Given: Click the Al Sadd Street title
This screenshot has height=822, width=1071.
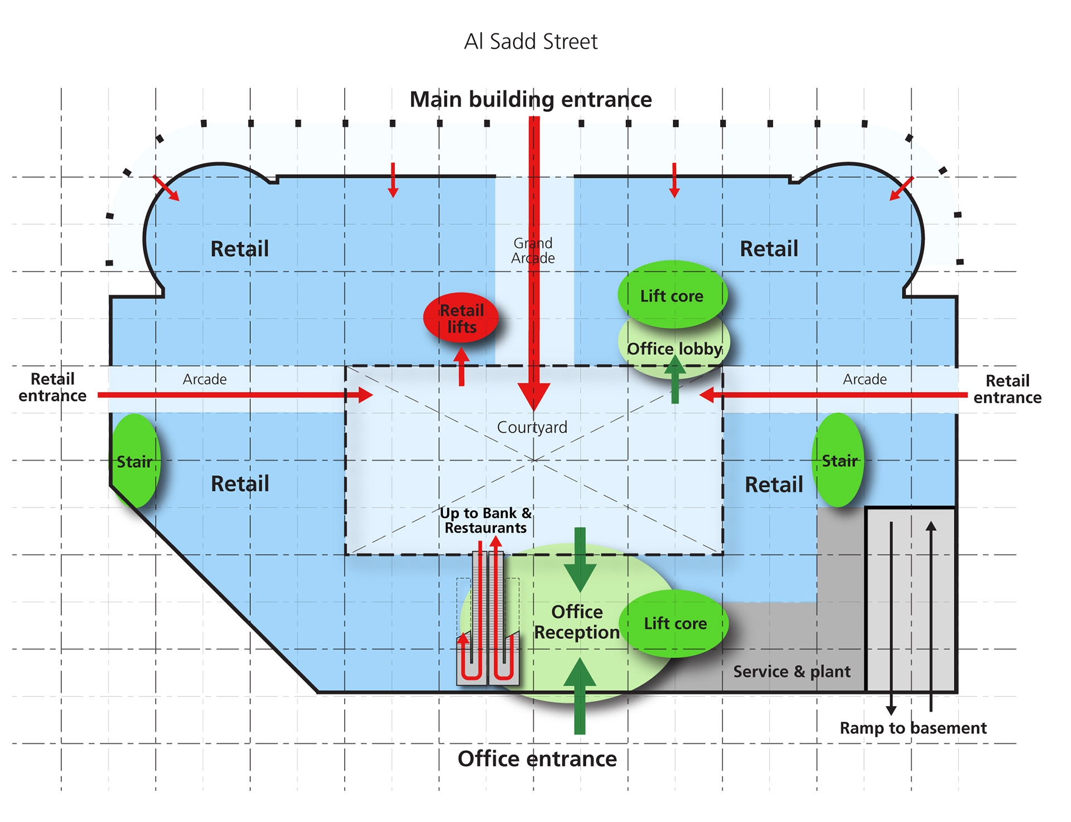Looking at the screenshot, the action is point(530,42).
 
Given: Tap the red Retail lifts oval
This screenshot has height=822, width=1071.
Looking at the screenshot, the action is point(460,317).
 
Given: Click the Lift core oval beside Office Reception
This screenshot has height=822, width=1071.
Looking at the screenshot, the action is point(675,623).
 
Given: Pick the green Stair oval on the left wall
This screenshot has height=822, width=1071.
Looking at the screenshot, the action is point(136,461).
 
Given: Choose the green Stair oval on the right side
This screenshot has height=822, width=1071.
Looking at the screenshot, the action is point(838,460).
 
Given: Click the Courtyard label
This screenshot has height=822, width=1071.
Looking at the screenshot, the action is point(532,427).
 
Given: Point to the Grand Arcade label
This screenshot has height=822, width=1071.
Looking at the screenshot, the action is point(533,250).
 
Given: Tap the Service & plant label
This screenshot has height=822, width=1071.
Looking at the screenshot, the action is point(792,671).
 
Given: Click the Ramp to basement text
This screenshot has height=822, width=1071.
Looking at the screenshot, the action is point(913,728).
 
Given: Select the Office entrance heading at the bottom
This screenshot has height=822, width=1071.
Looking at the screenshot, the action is point(537,759).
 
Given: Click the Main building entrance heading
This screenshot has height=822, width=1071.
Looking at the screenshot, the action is point(530,99).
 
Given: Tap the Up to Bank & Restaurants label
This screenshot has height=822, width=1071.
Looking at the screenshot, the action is point(486,520).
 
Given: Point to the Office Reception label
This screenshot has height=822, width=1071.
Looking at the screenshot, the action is point(577,622).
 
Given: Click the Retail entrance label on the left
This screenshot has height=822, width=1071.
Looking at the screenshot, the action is point(52,387).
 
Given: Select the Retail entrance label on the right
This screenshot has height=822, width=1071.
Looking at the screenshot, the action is point(1007,389).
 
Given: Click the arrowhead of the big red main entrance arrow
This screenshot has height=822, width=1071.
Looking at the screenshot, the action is point(534,397).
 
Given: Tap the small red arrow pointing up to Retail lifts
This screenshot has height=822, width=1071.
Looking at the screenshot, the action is point(461,366).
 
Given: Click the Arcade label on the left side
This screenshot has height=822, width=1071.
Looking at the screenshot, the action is point(205,379).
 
